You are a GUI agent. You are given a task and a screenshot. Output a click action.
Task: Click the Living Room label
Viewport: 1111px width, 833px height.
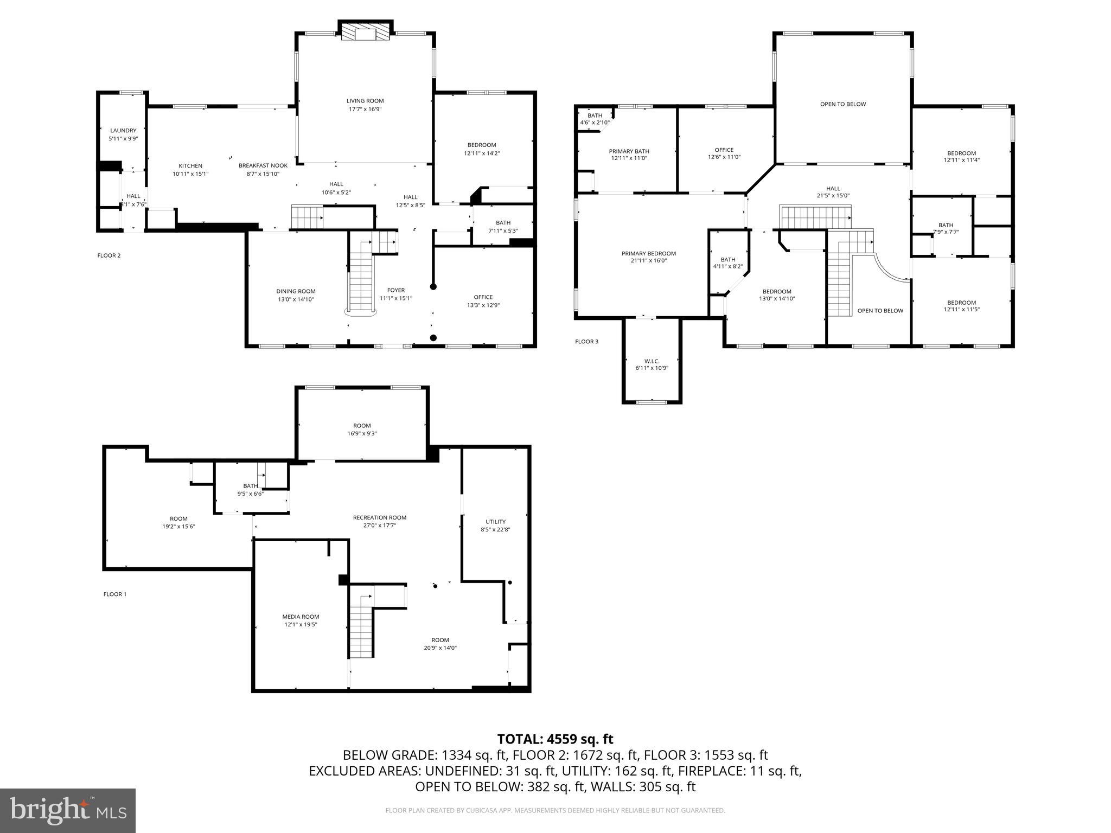tap(365, 101)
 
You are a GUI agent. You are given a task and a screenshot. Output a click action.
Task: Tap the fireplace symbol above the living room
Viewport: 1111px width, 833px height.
tap(365, 33)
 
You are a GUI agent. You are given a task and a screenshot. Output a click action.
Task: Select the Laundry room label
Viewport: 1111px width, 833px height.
tap(123, 131)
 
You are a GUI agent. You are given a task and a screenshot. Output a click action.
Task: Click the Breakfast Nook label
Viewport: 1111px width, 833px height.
tap(263, 165)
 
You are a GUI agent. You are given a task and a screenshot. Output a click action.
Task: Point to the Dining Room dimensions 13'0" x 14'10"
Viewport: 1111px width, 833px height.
tap(296, 299)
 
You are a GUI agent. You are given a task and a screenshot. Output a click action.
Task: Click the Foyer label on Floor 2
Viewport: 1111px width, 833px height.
tap(395, 290)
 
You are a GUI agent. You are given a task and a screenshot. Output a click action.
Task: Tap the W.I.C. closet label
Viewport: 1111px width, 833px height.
tap(652, 361)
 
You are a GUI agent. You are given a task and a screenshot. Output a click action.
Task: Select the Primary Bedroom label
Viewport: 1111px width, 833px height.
tap(648, 253)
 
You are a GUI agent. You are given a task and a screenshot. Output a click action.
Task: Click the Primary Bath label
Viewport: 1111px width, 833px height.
tap(629, 151)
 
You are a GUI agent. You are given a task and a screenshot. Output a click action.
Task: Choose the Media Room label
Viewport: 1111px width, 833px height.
tap(301, 617)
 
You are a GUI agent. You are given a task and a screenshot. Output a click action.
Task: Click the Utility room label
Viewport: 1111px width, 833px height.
tap(495, 522)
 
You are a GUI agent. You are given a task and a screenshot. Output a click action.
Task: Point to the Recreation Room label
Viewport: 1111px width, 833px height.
tap(379, 517)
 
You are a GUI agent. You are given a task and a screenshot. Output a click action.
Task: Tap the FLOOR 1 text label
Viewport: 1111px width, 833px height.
tap(114, 594)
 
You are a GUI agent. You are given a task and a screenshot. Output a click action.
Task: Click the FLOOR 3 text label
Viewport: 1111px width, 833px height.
tap(586, 342)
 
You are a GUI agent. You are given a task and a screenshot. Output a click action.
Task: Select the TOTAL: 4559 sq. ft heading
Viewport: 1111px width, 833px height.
tap(555, 739)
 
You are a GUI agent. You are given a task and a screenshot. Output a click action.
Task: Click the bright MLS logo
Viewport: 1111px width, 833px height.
tap(68, 810)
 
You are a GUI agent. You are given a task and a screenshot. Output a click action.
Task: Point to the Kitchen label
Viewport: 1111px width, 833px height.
tap(190, 166)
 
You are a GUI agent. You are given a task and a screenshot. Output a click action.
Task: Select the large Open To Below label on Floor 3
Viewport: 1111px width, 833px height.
tap(842, 104)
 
